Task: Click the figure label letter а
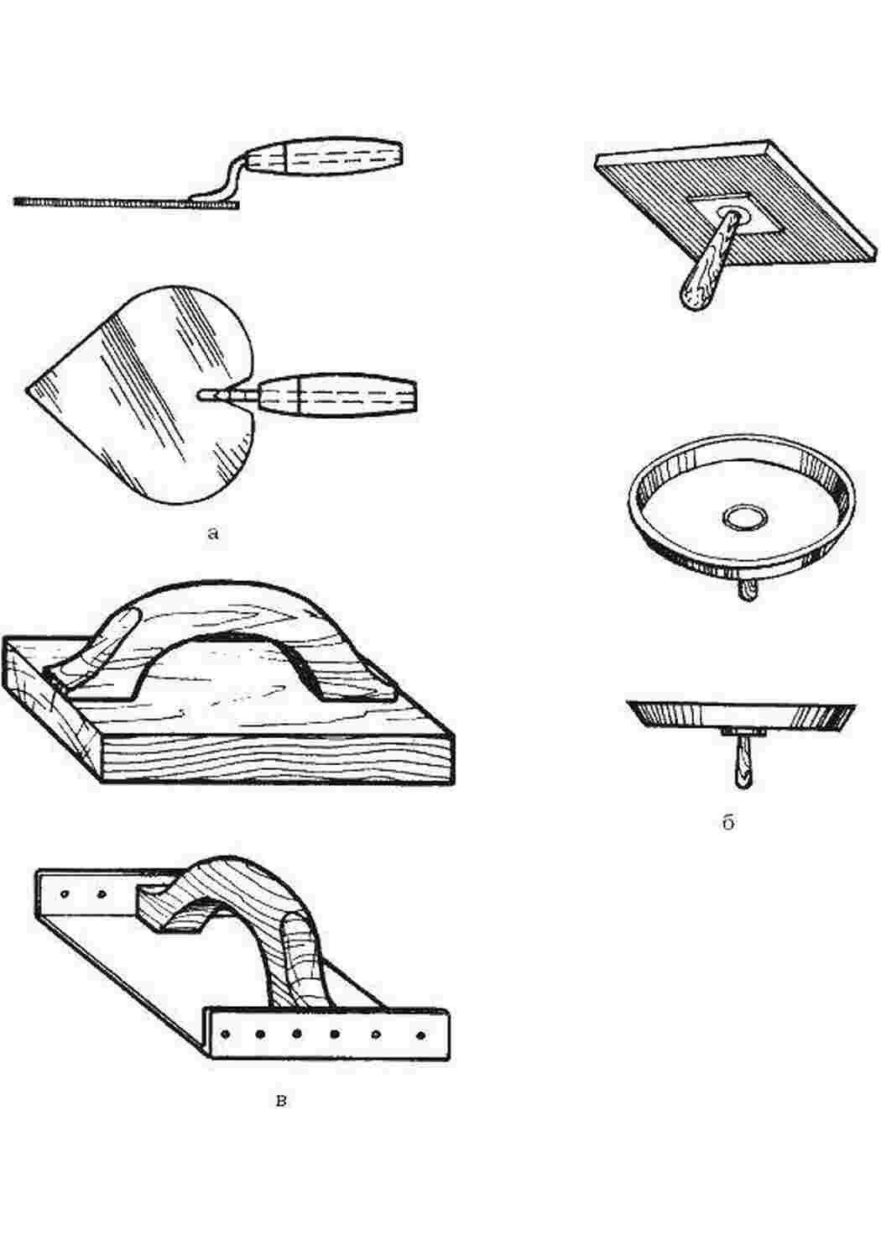[x=213, y=534]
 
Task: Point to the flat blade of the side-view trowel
[x=127, y=202]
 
